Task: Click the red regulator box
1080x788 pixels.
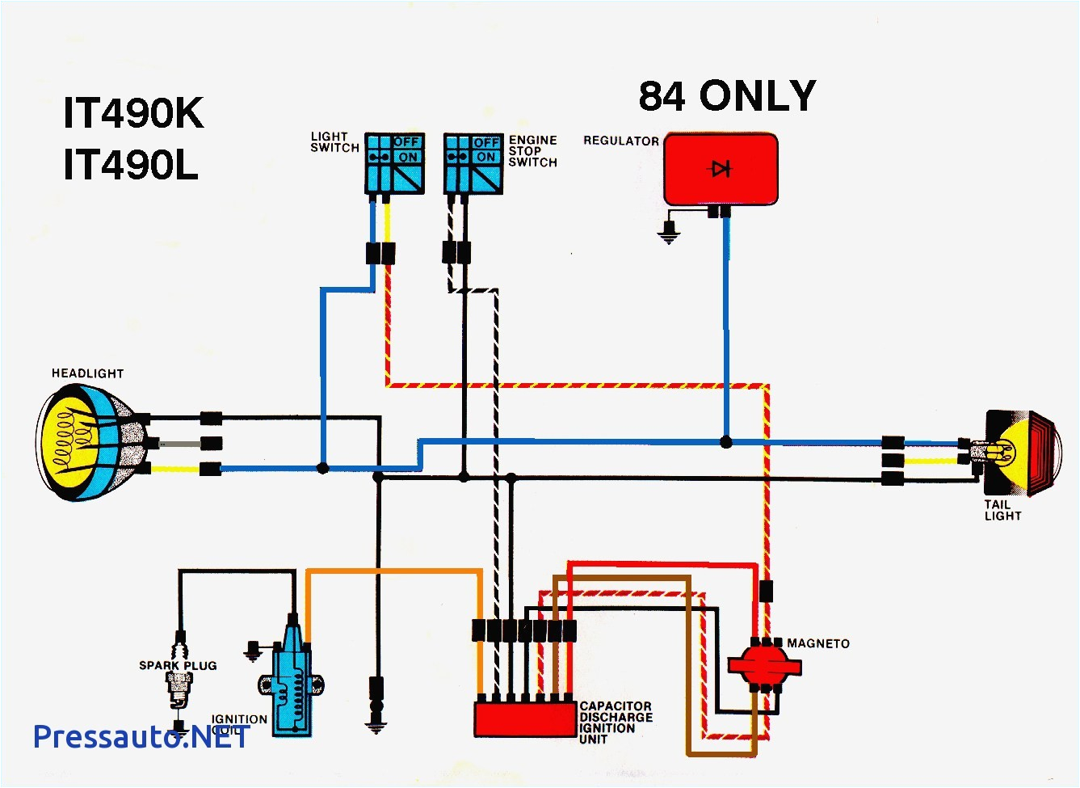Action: pos(721,170)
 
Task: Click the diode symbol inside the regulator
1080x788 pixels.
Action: pos(721,168)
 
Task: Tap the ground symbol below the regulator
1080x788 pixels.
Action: pos(668,234)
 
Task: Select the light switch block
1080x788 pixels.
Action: pos(394,164)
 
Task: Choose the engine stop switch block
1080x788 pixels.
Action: pos(473,164)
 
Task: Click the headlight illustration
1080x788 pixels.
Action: pos(89,442)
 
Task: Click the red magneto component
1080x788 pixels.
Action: pos(763,664)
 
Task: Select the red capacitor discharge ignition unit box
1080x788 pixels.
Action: pos(524,718)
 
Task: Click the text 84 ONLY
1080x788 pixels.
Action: pos(727,96)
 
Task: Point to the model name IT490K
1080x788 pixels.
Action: pos(133,113)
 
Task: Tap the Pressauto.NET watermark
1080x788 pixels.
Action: pos(140,736)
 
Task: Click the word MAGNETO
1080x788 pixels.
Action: pos(817,643)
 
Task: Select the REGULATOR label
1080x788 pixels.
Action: pos(620,141)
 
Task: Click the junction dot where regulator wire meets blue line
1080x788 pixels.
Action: pos(726,442)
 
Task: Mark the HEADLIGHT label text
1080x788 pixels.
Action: pos(87,373)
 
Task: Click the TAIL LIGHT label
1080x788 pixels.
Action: pos(1002,510)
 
